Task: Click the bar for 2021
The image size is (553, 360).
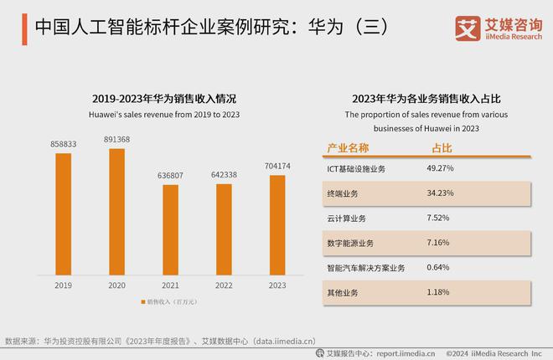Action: (170, 230)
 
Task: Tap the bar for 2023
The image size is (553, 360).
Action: (277, 225)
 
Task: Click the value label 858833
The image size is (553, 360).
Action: (64, 144)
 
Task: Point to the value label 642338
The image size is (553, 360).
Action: (224, 175)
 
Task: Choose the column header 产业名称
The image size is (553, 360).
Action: (347, 147)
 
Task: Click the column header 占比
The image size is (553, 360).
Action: (441, 147)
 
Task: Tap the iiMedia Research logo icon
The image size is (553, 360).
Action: (467, 27)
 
